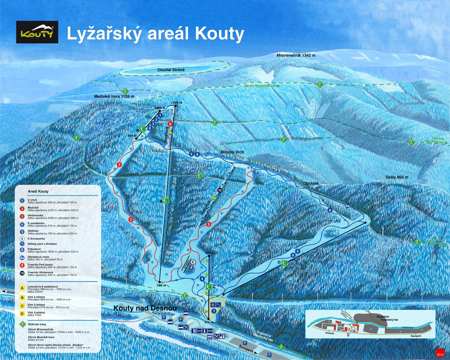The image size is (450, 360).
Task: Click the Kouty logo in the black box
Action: pos(37,32)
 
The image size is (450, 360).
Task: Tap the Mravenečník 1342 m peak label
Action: pos(296,55)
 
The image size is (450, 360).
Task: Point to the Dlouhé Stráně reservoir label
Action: pos(171,70)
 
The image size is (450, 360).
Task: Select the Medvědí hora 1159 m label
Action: pos(114,96)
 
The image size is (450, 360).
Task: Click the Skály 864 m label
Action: pos(397,177)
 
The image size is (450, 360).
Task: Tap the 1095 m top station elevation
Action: pos(176,103)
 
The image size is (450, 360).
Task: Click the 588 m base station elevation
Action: pos(161,285)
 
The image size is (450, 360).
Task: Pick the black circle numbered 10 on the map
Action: pos(220,190)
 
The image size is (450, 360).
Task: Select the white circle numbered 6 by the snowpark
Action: pos(193,262)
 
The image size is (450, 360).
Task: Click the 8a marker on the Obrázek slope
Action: pos(347,206)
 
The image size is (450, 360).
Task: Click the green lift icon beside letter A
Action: pos(166,200)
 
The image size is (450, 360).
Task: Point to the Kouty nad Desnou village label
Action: pos(145,308)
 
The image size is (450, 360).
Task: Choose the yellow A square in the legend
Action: pos(22,288)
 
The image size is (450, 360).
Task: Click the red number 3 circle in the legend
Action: pos(22,217)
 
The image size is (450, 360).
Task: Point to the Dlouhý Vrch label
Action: pos(232,152)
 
